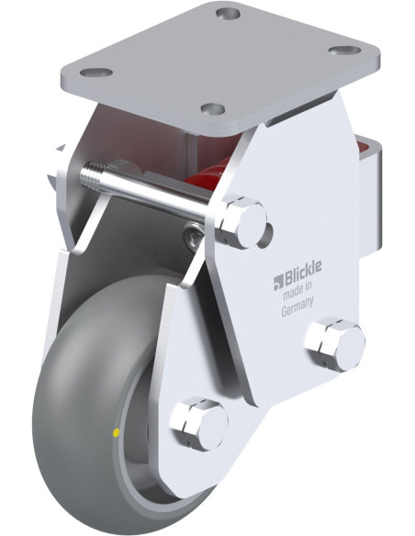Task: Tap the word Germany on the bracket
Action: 299,310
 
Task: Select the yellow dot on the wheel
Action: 115,430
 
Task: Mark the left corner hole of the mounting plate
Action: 100,72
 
